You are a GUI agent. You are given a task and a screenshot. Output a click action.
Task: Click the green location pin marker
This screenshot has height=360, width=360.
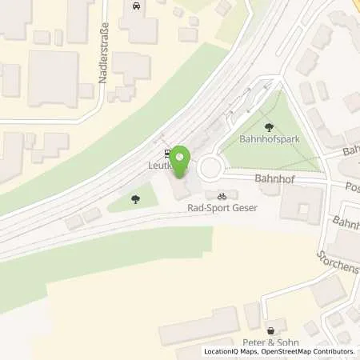point(182,159)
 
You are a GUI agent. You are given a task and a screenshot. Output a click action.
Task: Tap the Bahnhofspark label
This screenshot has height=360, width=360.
point(270,139)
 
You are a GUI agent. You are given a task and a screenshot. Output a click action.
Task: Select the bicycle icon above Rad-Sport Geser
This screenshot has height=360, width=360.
point(223,194)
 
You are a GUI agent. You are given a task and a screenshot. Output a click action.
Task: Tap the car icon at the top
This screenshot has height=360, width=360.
point(135,6)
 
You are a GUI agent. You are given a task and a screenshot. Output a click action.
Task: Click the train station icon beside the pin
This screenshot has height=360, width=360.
point(166,153)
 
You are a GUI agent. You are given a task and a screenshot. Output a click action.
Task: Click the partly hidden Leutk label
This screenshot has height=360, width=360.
point(159,166)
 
